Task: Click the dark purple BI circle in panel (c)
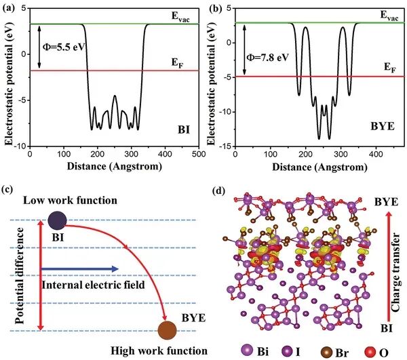(x=57, y=220)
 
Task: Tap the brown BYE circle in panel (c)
(x=167, y=330)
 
